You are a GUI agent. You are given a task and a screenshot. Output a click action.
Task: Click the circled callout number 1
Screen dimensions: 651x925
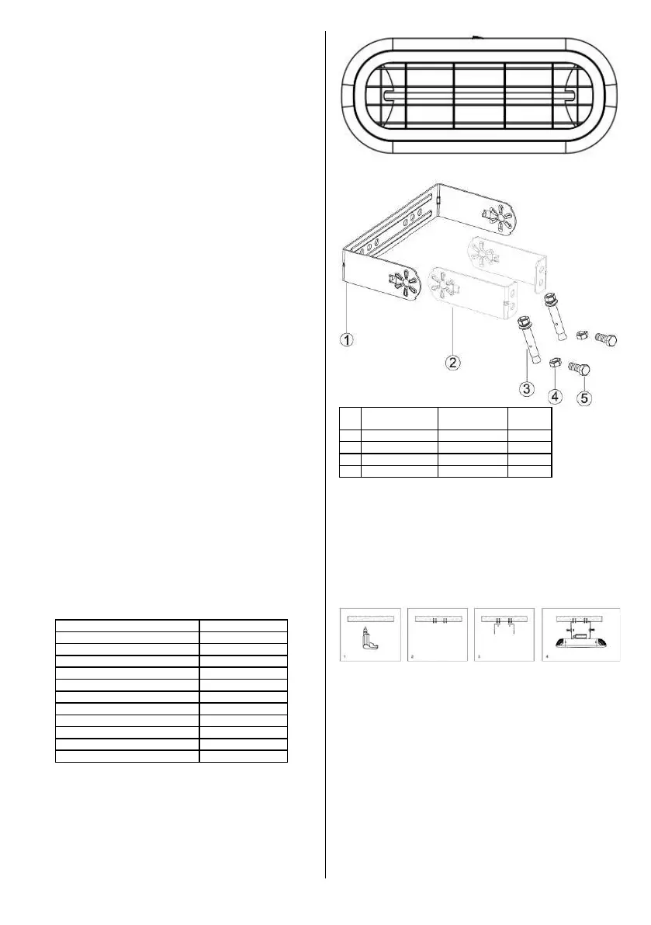coord(349,340)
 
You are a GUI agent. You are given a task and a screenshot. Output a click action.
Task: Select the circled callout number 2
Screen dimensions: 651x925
coord(452,361)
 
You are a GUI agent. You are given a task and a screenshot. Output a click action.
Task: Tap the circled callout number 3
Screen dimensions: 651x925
coord(526,387)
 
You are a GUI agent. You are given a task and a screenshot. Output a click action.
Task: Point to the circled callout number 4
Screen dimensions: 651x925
coord(554,395)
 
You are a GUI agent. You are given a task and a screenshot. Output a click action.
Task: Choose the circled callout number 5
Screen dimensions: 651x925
coord(586,397)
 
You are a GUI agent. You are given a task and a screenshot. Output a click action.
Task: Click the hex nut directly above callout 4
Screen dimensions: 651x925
coord(556,362)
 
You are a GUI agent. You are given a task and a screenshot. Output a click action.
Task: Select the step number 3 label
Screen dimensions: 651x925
coord(478,658)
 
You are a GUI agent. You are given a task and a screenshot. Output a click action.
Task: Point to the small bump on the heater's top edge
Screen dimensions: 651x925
coord(475,35)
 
